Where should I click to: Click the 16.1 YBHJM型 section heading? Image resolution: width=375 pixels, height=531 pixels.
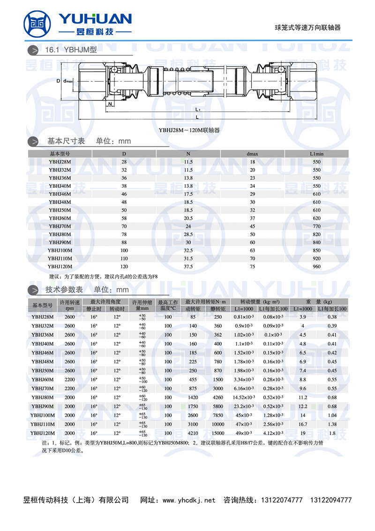pyautogui.click(x=70, y=49)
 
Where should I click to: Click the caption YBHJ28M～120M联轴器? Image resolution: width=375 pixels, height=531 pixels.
pyautogui.click(x=189, y=130)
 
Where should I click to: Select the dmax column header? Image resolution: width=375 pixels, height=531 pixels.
pyautogui.click(x=252, y=154)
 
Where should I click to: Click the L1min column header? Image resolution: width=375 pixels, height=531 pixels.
pyautogui.click(x=316, y=154)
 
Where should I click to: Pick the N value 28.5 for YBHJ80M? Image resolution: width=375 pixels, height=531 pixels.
pyautogui.click(x=188, y=234)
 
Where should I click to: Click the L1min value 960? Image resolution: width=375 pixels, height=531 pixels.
pyautogui.click(x=316, y=266)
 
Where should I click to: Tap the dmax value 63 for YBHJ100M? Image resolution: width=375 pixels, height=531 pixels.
pyautogui.click(x=252, y=250)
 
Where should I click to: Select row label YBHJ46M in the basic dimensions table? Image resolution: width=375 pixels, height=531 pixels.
pyautogui.click(x=60, y=194)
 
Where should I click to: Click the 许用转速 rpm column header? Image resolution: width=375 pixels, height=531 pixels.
pyautogui.click(x=69, y=305)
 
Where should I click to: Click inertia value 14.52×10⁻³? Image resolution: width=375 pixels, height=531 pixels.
pyautogui.click(x=244, y=397)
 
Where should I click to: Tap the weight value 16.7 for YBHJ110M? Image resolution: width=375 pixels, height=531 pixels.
pyautogui.click(x=302, y=424)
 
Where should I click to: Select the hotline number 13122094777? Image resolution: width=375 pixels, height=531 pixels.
pyautogui.click(x=331, y=500)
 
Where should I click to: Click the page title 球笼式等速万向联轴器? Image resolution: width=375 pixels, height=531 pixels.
pyautogui.click(x=307, y=28)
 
